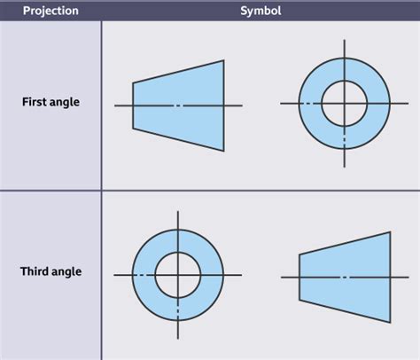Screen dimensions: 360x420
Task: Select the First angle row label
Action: click(51, 102)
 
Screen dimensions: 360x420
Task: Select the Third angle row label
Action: click(51, 271)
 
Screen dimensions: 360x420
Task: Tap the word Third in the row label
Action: click(35, 271)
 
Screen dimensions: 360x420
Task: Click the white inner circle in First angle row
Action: click(344, 104)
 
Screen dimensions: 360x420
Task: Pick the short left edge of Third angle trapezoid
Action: click(299, 278)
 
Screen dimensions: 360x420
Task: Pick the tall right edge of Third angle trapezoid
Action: click(391, 278)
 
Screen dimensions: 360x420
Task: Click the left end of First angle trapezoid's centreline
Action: click(116, 106)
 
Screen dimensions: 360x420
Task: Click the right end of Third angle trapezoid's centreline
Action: click(408, 278)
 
